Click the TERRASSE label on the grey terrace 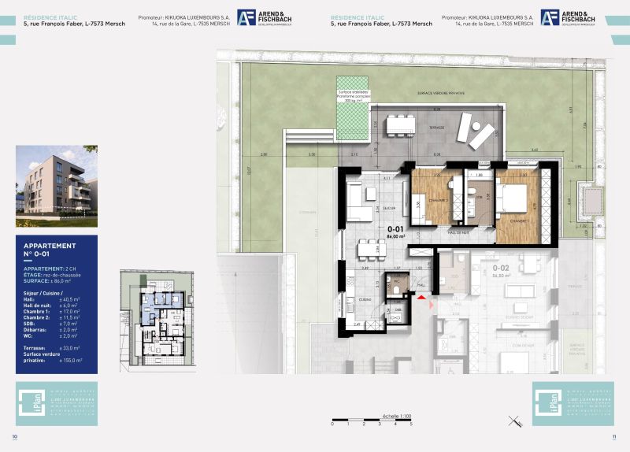pos(437,128)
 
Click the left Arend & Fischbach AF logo pos(246,17)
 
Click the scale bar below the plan pos(371,418)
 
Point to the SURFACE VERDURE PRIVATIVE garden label pos(441,93)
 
